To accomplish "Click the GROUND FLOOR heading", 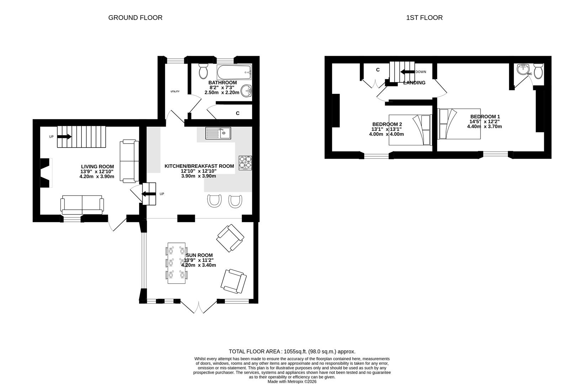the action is click(135, 18).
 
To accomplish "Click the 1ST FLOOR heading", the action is click(424, 18).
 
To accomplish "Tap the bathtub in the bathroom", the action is click(234, 72).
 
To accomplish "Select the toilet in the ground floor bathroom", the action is click(203, 71).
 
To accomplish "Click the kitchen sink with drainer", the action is click(218, 133).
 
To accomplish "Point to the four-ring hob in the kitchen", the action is click(245, 163).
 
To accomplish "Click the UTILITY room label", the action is click(175, 91).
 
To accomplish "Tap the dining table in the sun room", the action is click(176, 263).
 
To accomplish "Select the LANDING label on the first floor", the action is click(414, 82).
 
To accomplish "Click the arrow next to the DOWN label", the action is click(408, 72).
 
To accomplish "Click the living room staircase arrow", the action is click(64, 137).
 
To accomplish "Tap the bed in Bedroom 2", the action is click(410, 130).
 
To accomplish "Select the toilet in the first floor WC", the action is click(538, 71).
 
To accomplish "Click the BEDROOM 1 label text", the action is click(485, 117).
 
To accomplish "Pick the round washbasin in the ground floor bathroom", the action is click(246, 91).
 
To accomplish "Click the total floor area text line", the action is click(292, 351).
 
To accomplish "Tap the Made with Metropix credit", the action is click(292, 382).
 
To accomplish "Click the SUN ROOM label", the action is click(199, 255).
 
